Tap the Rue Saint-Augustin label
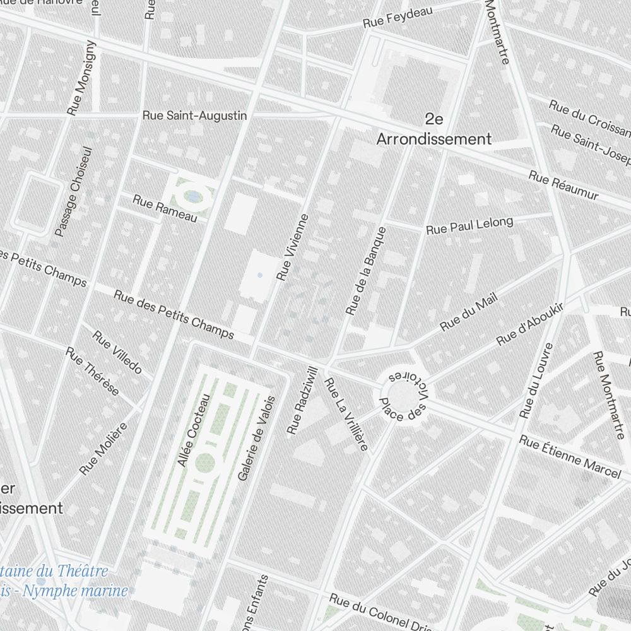pos(194,115)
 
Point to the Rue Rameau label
pos(165,208)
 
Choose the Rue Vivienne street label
pos(293,247)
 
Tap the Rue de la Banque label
pos(366,271)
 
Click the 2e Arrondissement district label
pos(433,129)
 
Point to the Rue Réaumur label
pos(563,186)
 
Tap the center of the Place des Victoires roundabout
pos(401,396)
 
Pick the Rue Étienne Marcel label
pos(570,456)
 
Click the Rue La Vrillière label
pos(345,415)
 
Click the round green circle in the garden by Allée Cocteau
pos(204,462)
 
